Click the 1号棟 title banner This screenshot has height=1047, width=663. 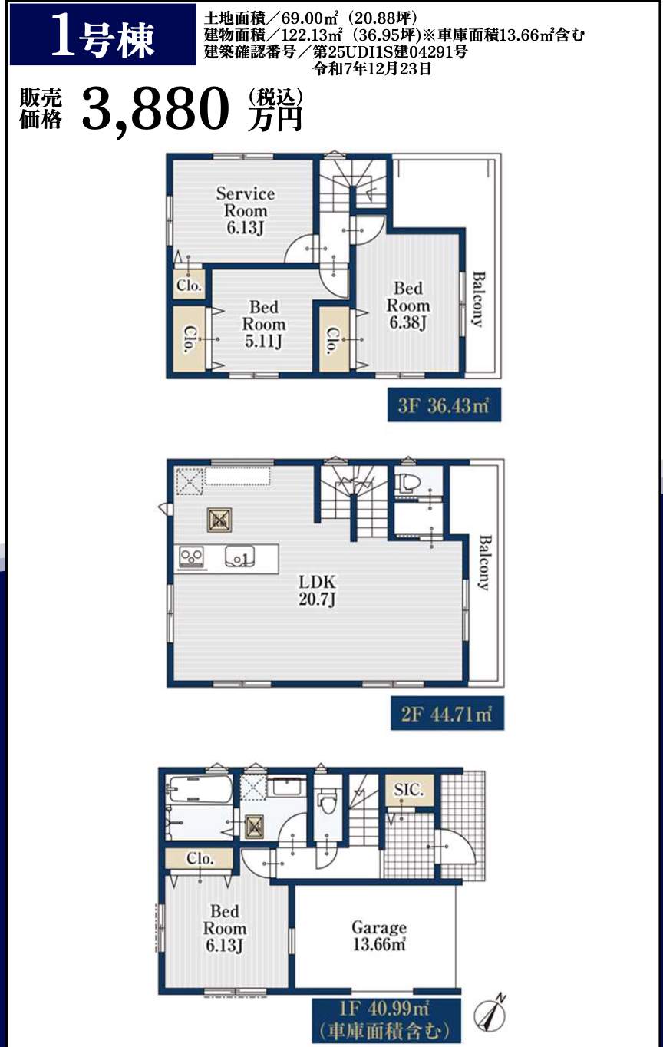click(x=103, y=35)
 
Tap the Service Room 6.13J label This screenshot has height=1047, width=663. click(x=246, y=211)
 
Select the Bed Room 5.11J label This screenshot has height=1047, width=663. click(x=263, y=325)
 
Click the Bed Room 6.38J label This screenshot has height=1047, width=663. click(x=408, y=306)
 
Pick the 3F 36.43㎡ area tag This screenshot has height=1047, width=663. click(x=444, y=405)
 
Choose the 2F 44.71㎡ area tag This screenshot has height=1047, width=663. click(x=447, y=713)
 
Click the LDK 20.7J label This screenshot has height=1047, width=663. click(x=317, y=590)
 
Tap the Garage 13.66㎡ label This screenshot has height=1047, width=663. click(x=379, y=935)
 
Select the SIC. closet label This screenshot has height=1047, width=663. click(x=408, y=789)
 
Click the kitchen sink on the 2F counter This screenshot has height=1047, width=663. click(x=239, y=557)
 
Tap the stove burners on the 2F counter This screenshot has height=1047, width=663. click(x=192, y=558)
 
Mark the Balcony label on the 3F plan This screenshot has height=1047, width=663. click(x=478, y=299)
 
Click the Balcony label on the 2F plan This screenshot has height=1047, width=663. click(x=484, y=563)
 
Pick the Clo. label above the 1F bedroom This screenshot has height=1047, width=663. click(x=200, y=858)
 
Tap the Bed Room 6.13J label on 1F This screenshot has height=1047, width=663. click(x=224, y=929)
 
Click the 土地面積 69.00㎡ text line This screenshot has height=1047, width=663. click(x=311, y=18)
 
